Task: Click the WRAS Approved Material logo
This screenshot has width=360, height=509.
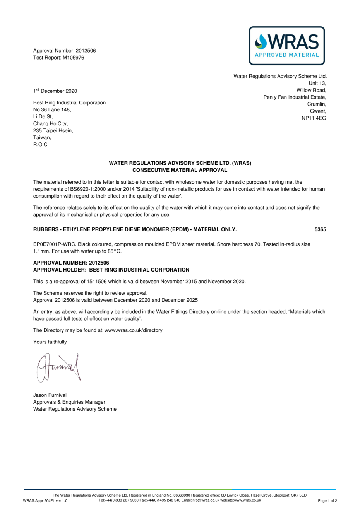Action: coord(287,45)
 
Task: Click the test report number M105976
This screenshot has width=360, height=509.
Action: coord(73,58)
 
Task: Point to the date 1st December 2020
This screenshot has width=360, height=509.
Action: coord(55,91)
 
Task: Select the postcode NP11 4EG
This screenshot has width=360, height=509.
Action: coord(314,118)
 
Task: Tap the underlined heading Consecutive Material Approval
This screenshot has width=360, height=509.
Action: coord(180,170)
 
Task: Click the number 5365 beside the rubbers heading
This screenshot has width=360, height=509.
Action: coord(320,229)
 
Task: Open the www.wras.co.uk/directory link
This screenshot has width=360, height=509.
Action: coord(134,330)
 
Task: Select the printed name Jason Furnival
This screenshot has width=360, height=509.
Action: coord(50,395)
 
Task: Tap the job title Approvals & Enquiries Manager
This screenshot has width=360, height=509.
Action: coord(69,402)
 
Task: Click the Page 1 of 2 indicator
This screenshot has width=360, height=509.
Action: coord(327,501)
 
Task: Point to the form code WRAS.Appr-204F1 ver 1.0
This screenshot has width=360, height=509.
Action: coord(45,501)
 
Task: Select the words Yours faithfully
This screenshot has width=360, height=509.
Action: coord(50,342)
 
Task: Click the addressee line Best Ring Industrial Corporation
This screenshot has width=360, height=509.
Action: coord(69,102)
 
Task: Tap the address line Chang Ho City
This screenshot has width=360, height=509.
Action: coord(50,123)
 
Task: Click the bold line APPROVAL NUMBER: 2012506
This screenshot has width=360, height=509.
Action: coord(71,263)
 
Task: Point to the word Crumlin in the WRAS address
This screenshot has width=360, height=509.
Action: coord(317,104)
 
